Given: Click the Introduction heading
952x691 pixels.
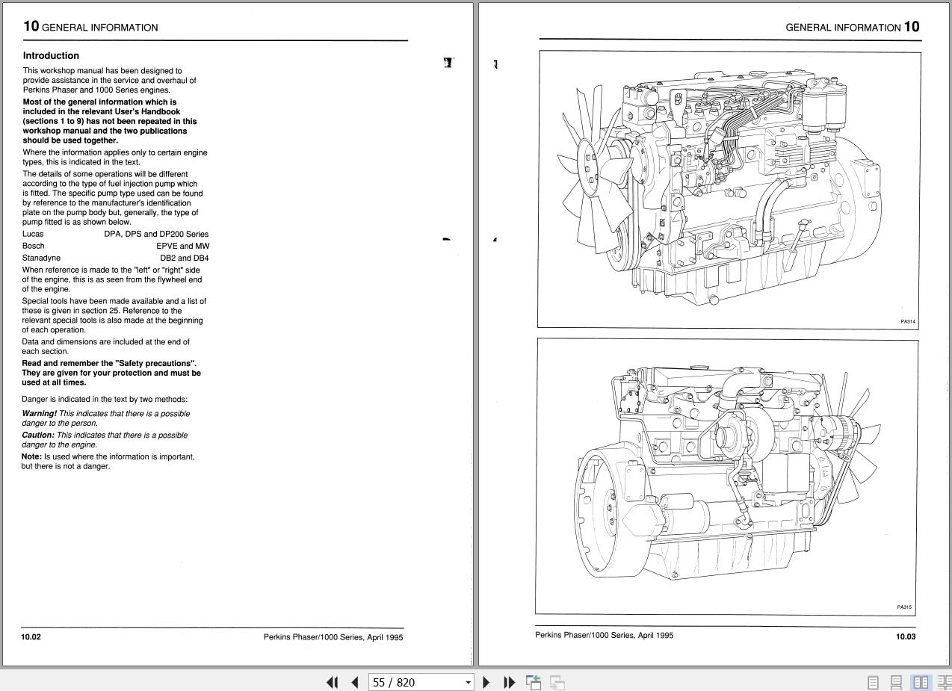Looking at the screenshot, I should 51,55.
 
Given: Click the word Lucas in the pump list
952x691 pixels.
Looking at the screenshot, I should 33,234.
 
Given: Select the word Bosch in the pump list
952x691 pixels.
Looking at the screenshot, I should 34,246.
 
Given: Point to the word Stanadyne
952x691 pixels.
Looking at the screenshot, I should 41,258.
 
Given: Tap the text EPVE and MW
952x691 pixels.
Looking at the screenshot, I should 182,246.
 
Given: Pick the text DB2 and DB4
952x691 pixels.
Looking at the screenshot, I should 184,258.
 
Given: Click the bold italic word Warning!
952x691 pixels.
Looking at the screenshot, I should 39,413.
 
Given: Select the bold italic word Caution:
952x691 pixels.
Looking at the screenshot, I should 37,435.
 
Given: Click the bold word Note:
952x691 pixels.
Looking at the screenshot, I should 31,456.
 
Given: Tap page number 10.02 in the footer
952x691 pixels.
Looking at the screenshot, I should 31,637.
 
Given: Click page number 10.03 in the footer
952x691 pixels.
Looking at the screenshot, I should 905,636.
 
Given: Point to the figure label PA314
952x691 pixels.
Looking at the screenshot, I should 907,322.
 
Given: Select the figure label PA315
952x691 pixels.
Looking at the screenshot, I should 904,607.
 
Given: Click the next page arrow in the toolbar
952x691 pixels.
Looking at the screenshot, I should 486,682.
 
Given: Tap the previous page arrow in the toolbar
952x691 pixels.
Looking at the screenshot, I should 355,682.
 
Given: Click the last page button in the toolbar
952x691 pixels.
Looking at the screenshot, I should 509,682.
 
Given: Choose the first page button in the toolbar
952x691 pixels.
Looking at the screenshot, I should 333,682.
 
